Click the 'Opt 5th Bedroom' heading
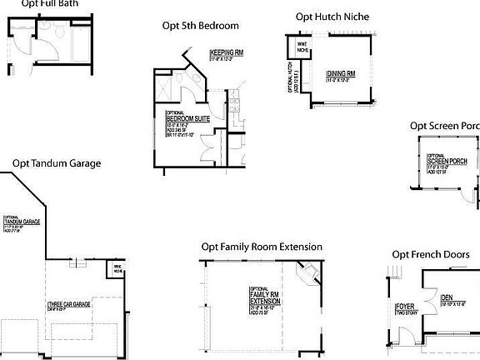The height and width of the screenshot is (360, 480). pos(200,25)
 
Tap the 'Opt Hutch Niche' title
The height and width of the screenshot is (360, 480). pos(332,17)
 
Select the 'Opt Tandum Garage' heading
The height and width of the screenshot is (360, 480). pos(56,163)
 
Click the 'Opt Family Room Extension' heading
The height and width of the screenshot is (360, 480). pos(261,247)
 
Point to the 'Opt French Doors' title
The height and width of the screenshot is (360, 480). pos(430,253)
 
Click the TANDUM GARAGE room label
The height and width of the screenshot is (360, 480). pos(22,222)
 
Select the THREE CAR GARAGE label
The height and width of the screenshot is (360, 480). pos(69,305)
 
